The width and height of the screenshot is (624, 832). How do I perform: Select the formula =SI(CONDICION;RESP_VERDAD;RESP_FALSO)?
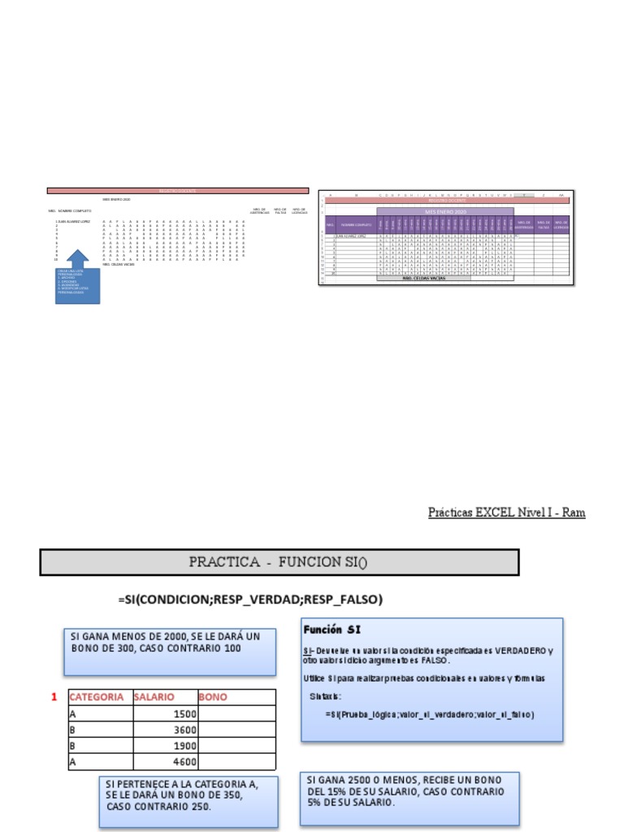[x=251, y=600]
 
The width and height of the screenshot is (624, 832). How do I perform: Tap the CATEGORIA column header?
[x=97, y=697]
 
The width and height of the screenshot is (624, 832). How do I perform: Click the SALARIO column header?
[x=154, y=697]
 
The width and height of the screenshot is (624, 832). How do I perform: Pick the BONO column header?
[x=213, y=697]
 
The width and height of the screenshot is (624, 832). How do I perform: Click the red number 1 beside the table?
[x=54, y=697]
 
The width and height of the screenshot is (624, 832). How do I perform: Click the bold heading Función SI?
[x=331, y=630]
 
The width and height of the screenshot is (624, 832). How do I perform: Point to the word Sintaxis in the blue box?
[x=326, y=696]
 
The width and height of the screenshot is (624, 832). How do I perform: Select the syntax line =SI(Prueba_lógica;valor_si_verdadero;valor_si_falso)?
[x=429, y=715]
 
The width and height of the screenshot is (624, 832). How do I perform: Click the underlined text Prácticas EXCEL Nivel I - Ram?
[x=506, y=513]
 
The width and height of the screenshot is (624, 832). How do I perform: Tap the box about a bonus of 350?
[x=188, y=801]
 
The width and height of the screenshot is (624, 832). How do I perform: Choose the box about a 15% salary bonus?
[x=409, y=797]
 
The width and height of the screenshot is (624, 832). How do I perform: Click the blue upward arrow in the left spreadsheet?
[x=77, y=259]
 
